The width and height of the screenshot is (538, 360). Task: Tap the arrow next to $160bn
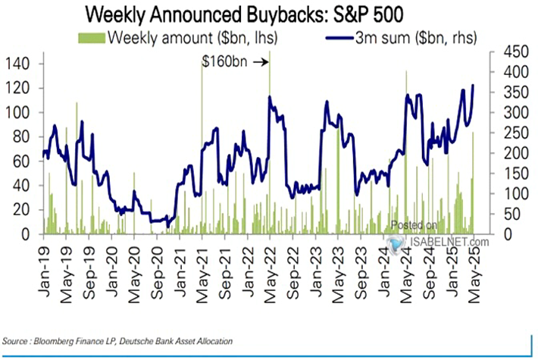(x=260, y=64)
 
